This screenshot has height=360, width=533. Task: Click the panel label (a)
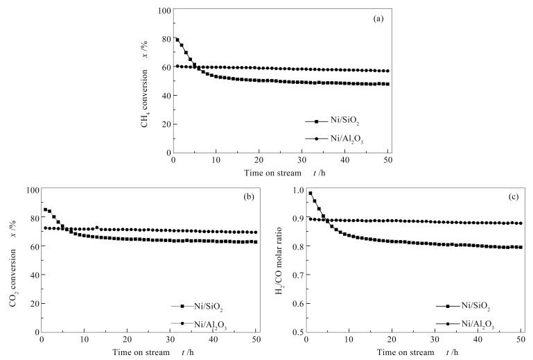[x=378, y=19]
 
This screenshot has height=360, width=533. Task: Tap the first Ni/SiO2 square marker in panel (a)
[x=177, y=40]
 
